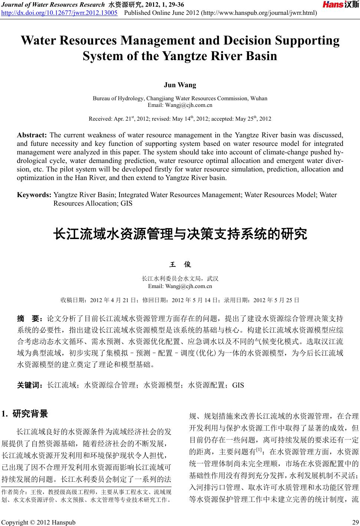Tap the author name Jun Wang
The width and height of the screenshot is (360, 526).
[x=180, y=85]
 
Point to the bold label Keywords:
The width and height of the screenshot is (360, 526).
[x=34, y=195]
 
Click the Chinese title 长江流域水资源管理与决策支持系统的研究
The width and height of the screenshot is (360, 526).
[x=180, y=235]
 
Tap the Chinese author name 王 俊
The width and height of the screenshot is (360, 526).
[x=180, y=265]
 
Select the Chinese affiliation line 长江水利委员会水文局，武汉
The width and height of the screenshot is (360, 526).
[x=180, y=279]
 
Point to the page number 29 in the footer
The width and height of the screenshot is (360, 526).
[x=353, y=523]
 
